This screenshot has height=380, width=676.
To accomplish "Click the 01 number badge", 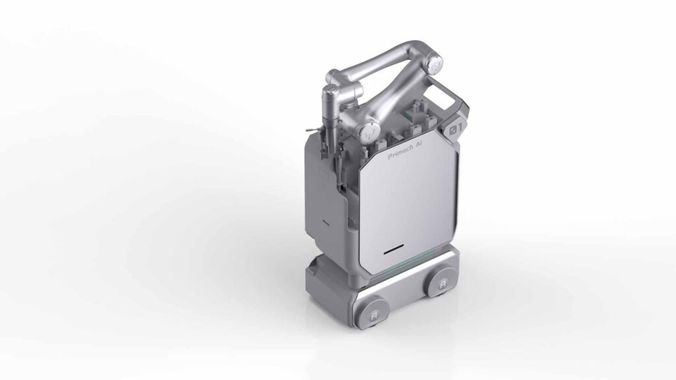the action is tap(456, 129).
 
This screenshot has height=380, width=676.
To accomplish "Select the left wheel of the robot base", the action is tap(372, 313).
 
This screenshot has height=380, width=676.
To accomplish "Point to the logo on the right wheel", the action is tap(443, 285).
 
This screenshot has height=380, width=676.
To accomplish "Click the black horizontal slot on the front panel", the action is tap(394, 249).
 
